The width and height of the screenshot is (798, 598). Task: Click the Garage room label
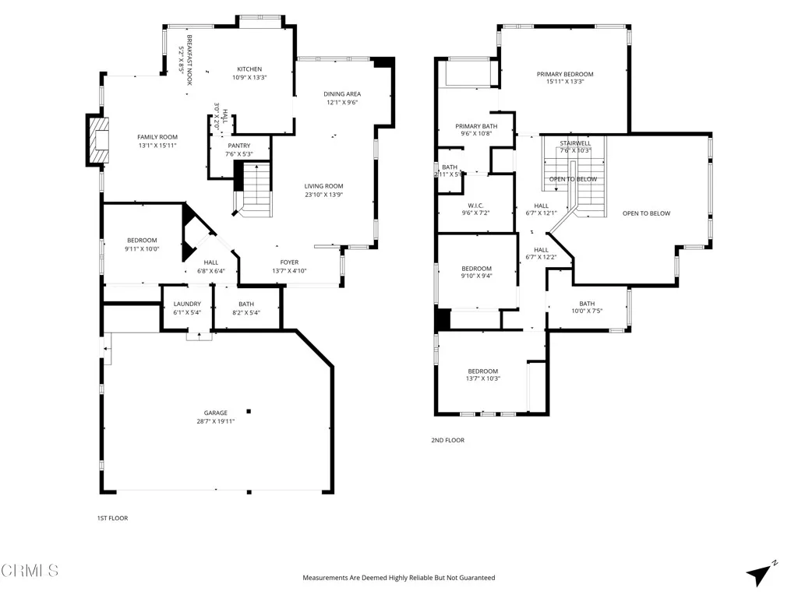(x=216, y=413)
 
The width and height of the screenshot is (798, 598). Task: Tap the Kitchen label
(x=249, y=69)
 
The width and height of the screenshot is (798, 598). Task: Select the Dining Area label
(x=342, y=94)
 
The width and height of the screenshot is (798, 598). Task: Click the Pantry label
(x=239, y=146)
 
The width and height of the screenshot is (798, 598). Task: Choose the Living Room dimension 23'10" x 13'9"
(x=323, y=195)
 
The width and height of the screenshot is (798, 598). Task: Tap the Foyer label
(x=289, y=262)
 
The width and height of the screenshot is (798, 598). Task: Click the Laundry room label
(x=187, y=304)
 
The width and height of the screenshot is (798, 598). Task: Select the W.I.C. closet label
(x=475, y=206)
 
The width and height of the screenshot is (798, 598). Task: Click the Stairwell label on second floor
(x=575, y=143)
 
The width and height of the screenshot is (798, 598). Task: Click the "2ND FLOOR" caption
(x=447, y=441)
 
